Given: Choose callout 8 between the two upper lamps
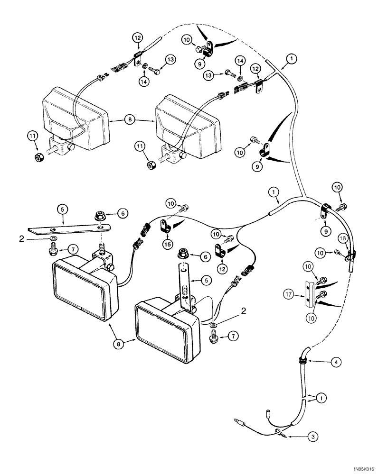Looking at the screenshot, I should click(x=129, y=120).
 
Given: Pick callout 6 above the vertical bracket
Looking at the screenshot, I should click(x=205, y=256).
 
